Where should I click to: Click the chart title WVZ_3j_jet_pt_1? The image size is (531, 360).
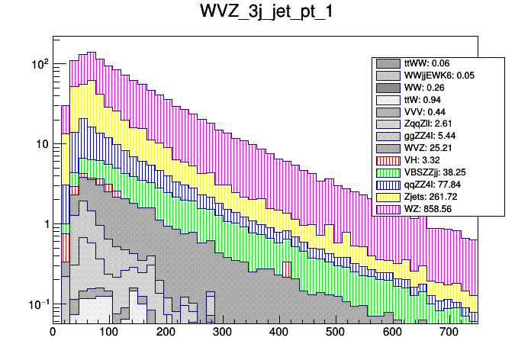(x=265, y=13)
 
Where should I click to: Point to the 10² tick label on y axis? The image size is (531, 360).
(x=39, y=64)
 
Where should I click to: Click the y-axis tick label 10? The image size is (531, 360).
(x=41, y=144)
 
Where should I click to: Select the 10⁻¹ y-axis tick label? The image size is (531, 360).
(x=37, y=304)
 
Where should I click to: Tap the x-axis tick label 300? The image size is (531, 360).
(x=222, y=333)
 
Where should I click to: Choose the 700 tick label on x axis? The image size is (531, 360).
(x=449, y=333)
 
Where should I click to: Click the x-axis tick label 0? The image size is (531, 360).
(x=53, y=333)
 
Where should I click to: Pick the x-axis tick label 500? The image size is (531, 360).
(x=336, y=333)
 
